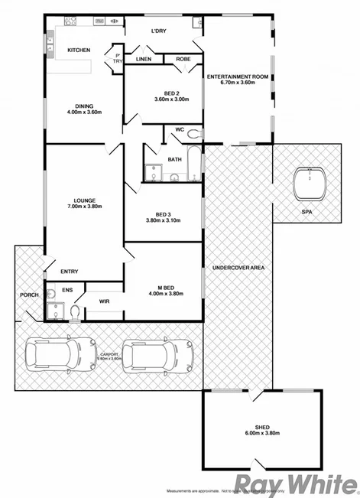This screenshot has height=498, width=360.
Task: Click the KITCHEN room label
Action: [79, 50]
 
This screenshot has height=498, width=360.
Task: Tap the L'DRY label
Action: [159, 31]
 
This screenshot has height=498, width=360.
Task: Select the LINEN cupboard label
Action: [144, 59]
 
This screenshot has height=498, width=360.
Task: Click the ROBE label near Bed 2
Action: [183, 59]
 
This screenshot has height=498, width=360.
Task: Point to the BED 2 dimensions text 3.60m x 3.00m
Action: [170, 99]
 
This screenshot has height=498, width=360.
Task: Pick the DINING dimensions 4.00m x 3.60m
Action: [84, 112]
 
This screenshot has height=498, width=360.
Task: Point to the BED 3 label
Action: [164, 213]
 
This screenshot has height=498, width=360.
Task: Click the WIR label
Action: [104, 301]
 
